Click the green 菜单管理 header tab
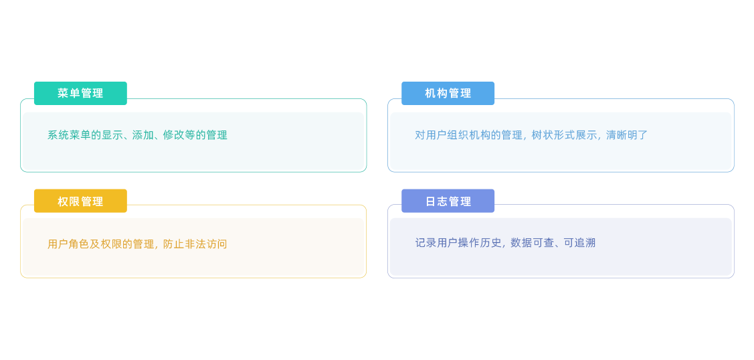click(x=80, y=93)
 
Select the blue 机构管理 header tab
click(x=448, y=93)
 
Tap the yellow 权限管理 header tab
click(x=80, y=201)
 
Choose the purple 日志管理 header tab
click(x=448, y=201)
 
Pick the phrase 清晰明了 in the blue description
click(x=627, y=135)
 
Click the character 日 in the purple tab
click(x=431, y=201)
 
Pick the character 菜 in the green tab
click(x=63, y=93)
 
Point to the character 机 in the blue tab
click(x=430, y=93)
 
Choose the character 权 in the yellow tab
click(x=63, y=201)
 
